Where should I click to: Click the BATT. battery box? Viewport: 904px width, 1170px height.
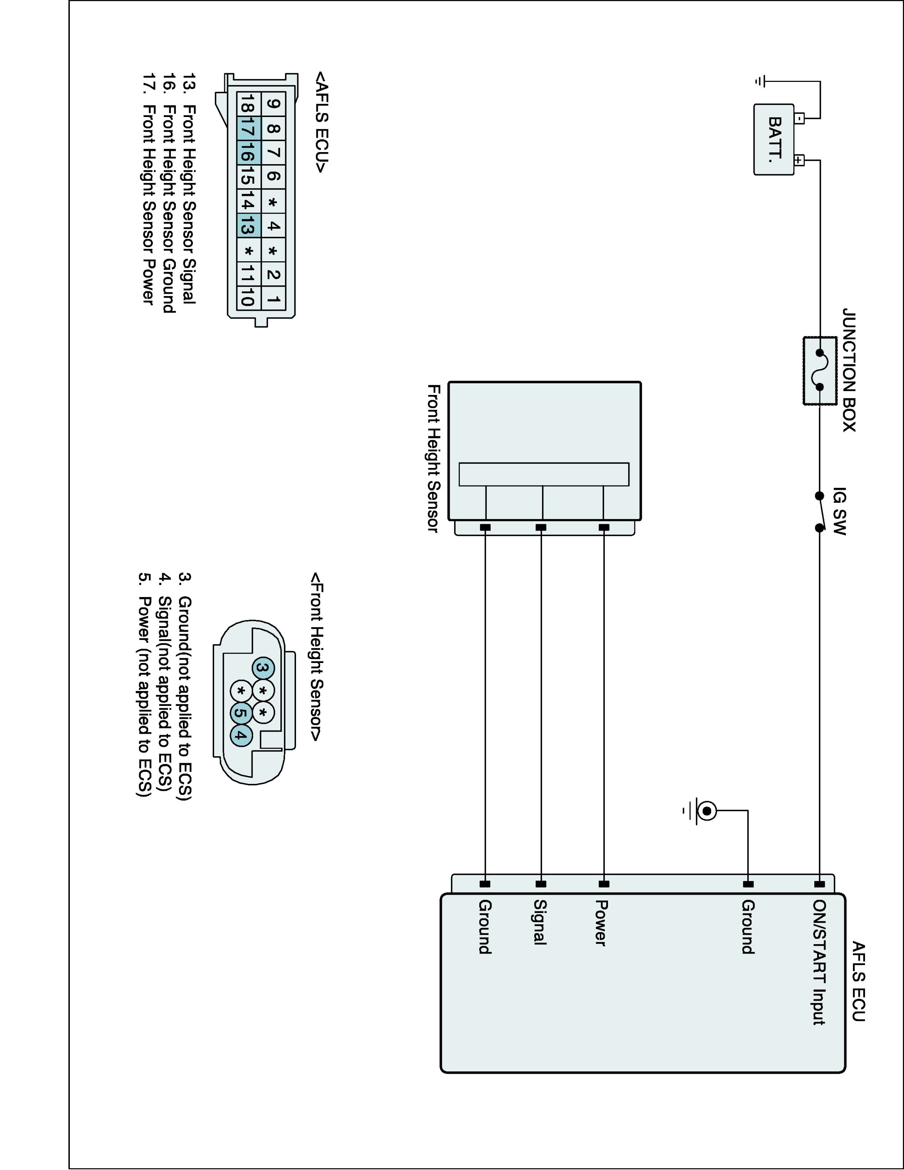[x=773, y=139]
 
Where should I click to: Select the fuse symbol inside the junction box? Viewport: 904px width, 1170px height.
[x=820, y=370]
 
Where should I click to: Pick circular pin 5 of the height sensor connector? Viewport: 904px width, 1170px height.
[x=241, y=713]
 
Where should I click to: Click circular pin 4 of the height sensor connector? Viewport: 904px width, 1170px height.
[x=241, y=736]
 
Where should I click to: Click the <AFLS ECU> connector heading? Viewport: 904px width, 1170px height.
[x=321, y=122]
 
